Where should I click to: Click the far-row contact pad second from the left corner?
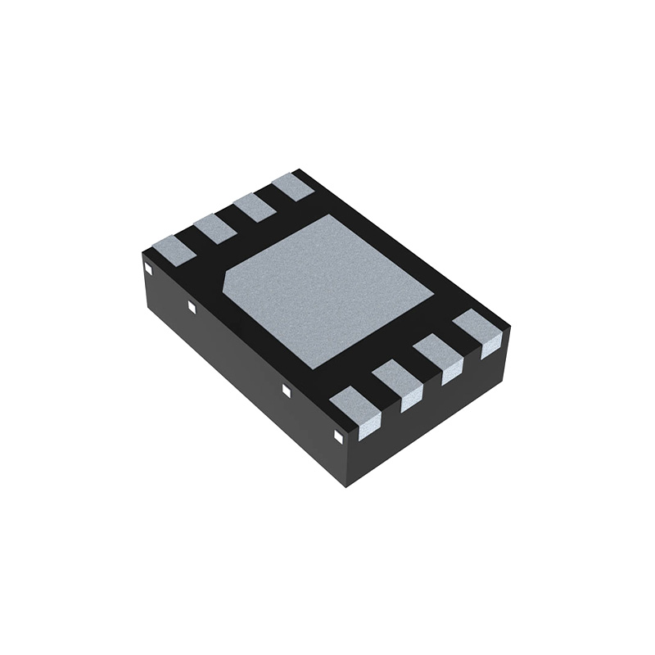coord(215,228)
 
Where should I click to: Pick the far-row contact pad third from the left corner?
coord(254,207)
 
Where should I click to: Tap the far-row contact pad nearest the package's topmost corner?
coord(292,187)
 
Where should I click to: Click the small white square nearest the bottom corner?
coord(337,436)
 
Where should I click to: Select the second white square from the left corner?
coord(192,307)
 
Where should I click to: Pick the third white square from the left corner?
coord(286,391)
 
